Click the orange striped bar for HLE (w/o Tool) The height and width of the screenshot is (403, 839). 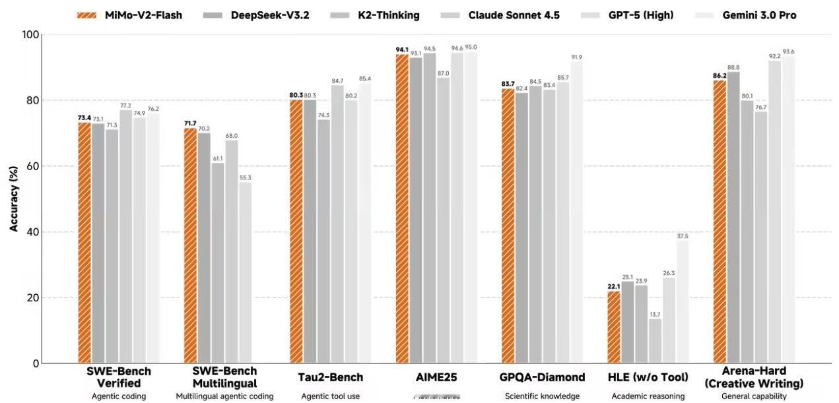(x=614, y=327)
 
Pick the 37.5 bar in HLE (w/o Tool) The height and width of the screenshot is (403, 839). (x=683, y=302)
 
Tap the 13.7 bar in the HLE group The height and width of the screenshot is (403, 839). (x=655, y=341)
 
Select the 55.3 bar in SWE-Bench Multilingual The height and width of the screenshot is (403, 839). (x=245, y=272)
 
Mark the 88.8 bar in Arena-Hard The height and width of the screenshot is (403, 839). (x=733, y=218)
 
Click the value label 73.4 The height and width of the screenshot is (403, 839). (x=84, y=117)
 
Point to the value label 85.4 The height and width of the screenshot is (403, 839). (x=365, y=78)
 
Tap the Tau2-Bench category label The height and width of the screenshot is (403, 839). (x=331, y=377)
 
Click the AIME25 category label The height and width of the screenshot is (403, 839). (x=436, y=377)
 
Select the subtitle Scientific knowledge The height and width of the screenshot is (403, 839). (x=542, y=396)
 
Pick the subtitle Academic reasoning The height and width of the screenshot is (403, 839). (x=648, y=396)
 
